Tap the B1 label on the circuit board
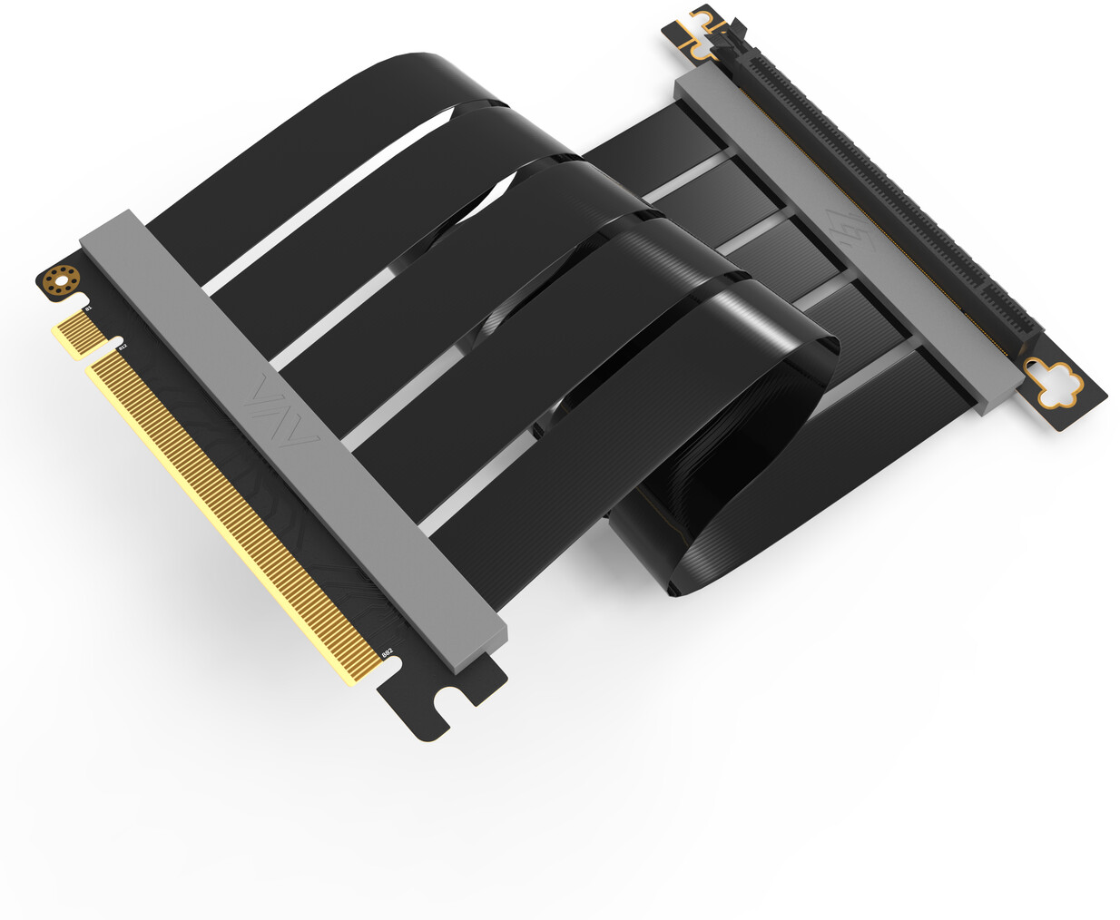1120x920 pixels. (88, 310)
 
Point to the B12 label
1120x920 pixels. (122, 347)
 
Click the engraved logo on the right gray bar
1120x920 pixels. (850, 227)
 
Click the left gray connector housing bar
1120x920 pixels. (290, 436)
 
